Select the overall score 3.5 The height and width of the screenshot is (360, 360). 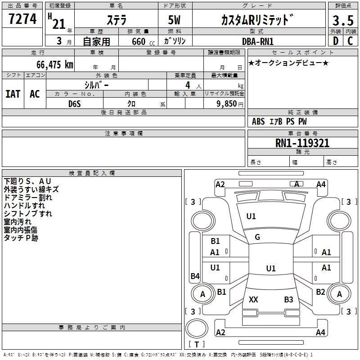click(x=342, y=20)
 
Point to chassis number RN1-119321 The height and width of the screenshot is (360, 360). click(x=302, y=144)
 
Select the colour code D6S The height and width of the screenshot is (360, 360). click(x=75, y=104)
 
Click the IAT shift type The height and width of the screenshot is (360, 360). click(x=13, y=94)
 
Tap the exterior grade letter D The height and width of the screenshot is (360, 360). click(x=335, y=41)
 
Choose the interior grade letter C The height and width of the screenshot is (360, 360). click(x=350, y=41)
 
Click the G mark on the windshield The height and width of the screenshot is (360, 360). click(x=257, y=237)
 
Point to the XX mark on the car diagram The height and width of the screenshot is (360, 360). click(x=253, y=299)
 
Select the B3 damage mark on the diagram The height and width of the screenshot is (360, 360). click(x=288, y=299)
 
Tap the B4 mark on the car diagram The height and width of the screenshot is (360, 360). click(x=195, y=276)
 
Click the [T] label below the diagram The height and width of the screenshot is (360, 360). click(x=196, y=345)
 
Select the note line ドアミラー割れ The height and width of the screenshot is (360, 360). click(x=28, y=198)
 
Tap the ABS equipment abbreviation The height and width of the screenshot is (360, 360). click(x=258, y=121)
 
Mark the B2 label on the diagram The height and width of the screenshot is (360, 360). click(x=320, y=292)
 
